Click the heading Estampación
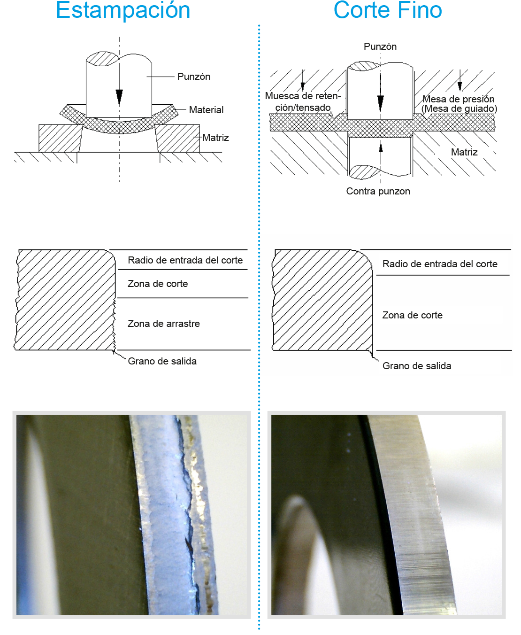tap(123, 10)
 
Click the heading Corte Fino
tap(388, 10)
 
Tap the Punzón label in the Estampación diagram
tap(193, 77)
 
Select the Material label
tap(206, 110)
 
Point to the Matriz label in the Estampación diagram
tap(215, 138)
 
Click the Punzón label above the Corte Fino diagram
tap(380, 46)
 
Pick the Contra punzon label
tap(378, 191)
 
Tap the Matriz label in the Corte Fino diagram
tap(464, 152)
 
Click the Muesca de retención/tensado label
tap(303, 102)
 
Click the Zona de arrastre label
tap(163, 324)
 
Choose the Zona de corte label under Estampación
tap(157, 284)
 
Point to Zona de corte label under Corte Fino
tap(412, 315)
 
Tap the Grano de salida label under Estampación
tap(162, 361)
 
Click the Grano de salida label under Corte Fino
tap(416, 366)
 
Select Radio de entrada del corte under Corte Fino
tap(439, 264)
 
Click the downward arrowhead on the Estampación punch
tap(119, 97)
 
